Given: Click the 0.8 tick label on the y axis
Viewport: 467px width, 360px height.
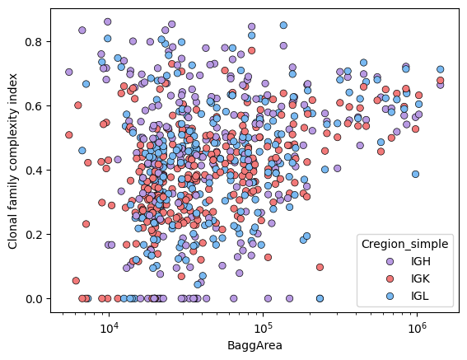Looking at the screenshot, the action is pyautogui.click(x=35, y=42).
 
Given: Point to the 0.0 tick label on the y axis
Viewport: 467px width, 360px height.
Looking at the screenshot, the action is pyautogui.click(x=35, y=298).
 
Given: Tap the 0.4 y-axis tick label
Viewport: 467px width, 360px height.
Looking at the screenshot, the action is pyautogui.click(x=35, y=171).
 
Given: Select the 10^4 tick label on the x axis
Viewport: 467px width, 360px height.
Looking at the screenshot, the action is pyautogui.click(x=109, y=328).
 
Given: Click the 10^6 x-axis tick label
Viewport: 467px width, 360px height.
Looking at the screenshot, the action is pyautogui.click(x=417, y=328).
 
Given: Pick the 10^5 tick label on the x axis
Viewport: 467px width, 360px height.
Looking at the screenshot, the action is pyautogui.click(x=263, y=328).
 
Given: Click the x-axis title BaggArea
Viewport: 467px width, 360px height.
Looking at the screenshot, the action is pyautogui.click(x=255, y=346).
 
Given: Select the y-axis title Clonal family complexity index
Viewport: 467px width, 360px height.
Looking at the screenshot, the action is pyautogui.click(x=12, y=161).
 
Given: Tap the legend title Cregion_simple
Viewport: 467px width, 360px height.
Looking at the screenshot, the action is pyautogui.click(x=404, y=244).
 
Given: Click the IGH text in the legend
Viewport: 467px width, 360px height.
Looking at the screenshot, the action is pyautogui.click(x=421, y=261).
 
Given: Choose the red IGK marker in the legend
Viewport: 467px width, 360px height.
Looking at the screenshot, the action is pyautogui.click(x=390, y=278).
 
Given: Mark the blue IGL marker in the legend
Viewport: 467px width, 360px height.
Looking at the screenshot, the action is pyautogui.click(x=390, y=296).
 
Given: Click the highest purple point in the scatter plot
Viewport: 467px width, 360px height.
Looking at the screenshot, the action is pyautogui.click(x=108, y=21).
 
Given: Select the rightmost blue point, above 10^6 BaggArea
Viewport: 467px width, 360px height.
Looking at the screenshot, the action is pyautogui.click(x=440, y=69).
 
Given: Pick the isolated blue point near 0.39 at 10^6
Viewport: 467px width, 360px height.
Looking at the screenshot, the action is pyautogui.click(x=415, y=174).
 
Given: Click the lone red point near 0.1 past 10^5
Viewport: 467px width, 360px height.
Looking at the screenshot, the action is pyautogui.click(x=320, y=267).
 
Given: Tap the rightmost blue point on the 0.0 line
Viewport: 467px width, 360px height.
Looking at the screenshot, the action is pyautogui.click(x=320, y=298).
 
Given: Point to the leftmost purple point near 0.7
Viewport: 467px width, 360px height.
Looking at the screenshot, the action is pyautogui.click(x=69, y=72).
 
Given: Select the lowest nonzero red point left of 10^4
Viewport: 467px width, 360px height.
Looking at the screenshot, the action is pyautogui.click(x=76, y=280).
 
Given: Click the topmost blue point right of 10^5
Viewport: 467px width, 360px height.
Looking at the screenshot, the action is pyautogui.click(x=283, y=26).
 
